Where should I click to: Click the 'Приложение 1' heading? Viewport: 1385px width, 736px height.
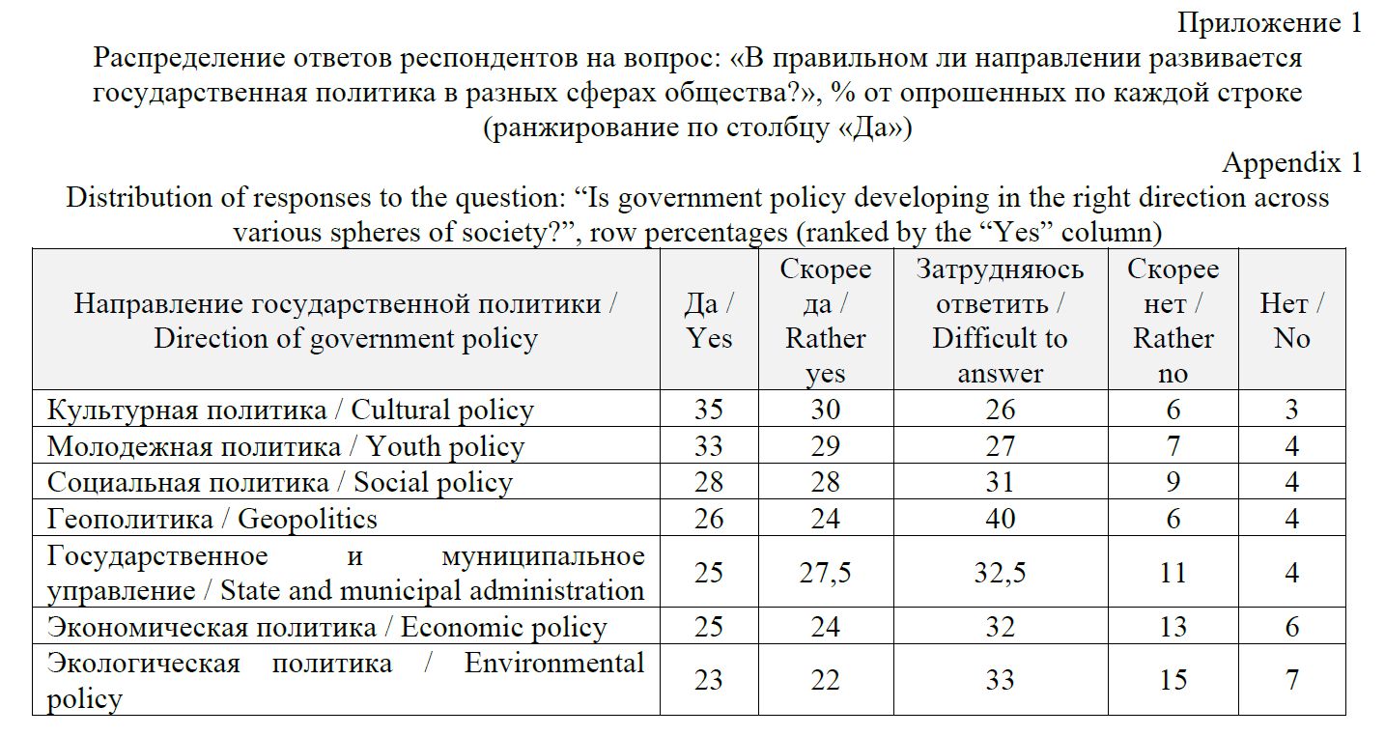point(1268,23)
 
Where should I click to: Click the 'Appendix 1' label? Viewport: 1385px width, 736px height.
point(1291,162)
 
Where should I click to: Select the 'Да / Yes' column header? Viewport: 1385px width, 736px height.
point(709,321)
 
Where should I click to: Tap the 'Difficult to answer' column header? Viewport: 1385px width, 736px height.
point(1000,321)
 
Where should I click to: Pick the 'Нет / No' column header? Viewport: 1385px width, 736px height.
point(1291,321)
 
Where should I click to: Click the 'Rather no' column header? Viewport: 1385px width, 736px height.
point(1173,321)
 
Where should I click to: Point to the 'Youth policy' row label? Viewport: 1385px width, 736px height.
point(286,446)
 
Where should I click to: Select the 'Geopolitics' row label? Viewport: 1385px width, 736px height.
point(212,519)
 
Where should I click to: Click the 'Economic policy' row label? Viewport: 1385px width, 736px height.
point(327,628)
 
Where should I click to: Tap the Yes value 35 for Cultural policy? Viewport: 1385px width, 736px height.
point(709,410)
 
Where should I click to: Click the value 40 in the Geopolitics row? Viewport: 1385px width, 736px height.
point(1000,519)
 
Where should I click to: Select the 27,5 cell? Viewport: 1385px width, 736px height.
point(825,573)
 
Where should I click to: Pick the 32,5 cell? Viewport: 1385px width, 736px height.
point(1000,573)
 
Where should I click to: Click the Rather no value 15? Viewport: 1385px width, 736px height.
point(1173,680)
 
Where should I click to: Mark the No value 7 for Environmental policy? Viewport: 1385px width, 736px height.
point(1291,680)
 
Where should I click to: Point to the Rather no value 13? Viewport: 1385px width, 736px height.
point(1173,628)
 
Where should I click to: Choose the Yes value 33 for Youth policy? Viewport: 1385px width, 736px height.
point(709,446)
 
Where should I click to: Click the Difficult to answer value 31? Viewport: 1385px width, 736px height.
point(1000,482)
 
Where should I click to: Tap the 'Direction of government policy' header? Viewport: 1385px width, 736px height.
point(346,339)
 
